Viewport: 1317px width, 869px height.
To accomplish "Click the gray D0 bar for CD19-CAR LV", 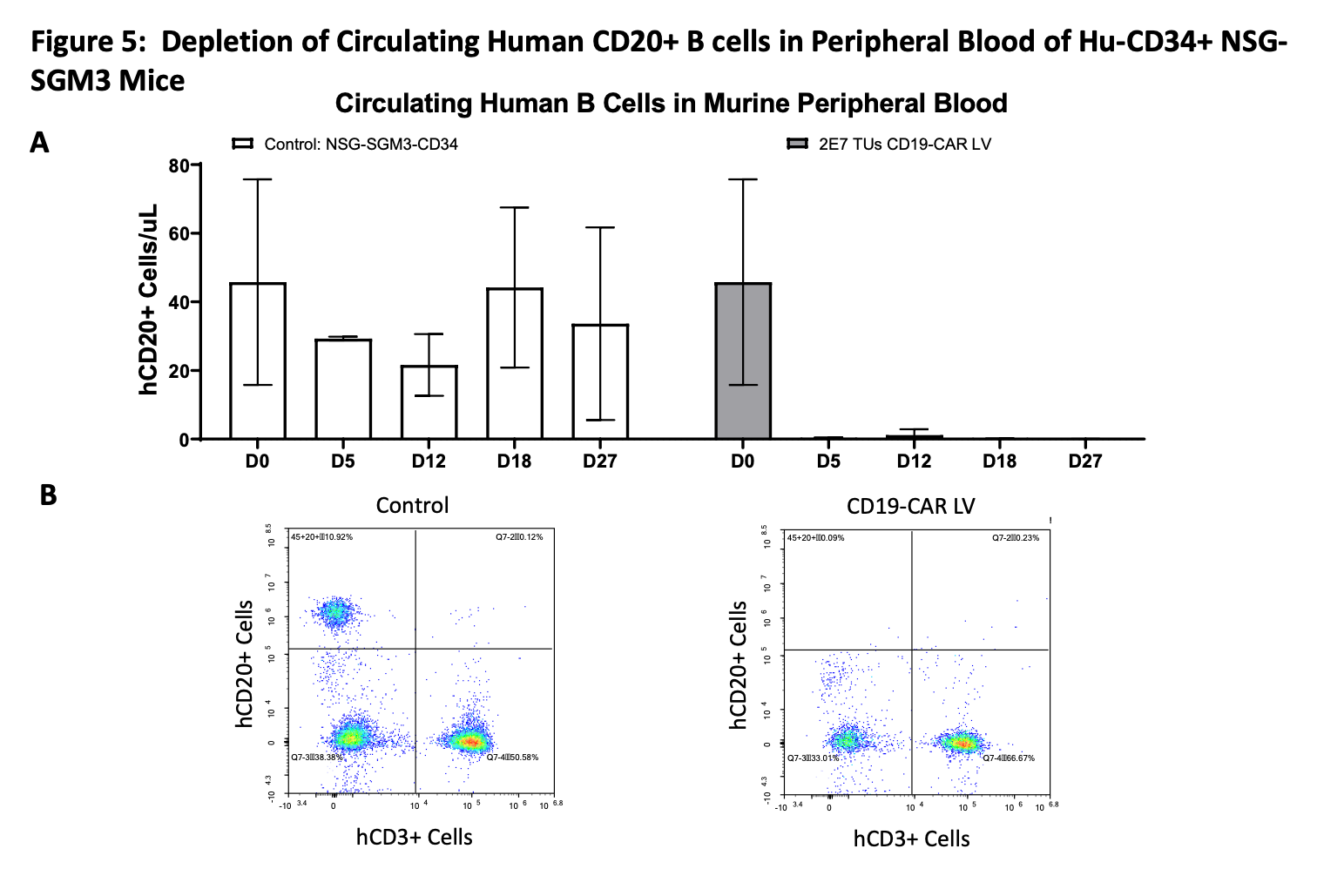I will tap(743, 361).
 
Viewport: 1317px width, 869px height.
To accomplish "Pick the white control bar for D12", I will tap(429, 402).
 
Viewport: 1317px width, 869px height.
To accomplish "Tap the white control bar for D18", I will tap(514, 364).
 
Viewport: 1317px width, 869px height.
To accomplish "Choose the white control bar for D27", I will tap(600, 381).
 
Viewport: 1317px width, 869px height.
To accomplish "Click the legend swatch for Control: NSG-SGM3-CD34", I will tap(242, 144).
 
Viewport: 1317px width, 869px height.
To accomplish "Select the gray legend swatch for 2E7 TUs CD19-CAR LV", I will tap(797, 144).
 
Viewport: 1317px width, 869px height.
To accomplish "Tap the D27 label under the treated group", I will tap(1084, 461).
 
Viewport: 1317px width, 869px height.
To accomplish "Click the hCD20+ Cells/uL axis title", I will tap(149, 300).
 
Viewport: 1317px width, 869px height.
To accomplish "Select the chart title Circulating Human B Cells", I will tap(671, 104).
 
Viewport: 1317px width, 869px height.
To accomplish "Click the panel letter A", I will tap(39, 142).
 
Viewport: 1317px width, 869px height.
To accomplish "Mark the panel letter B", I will tap(48, 495).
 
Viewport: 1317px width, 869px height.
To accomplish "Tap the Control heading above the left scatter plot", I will tap(412, 505).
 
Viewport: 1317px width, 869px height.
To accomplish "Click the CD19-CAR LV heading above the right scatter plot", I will tap(910, 506).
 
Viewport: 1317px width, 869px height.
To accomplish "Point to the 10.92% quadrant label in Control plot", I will tap(322, 537).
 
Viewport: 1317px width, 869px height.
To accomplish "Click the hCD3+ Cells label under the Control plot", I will tap(414, 838).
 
